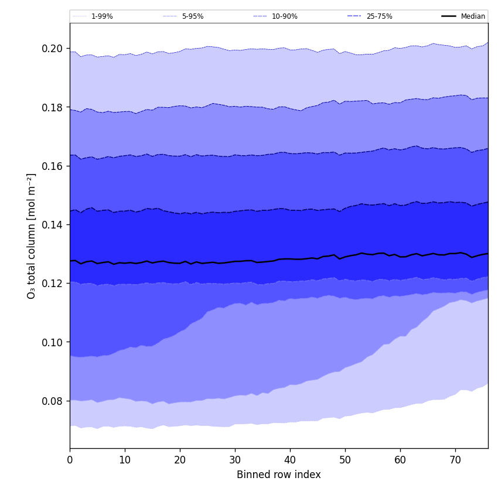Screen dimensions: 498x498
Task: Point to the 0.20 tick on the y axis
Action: (x=53, y=49)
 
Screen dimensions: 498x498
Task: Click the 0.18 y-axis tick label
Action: (x=53, y=107)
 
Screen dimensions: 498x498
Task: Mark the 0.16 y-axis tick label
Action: (x=53, y=166)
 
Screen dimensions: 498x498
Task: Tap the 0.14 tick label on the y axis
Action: (x=53, y=225)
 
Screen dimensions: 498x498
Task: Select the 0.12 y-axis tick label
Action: (x=53, y=284)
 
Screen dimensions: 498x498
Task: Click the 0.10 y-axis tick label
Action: (x=53, y=342)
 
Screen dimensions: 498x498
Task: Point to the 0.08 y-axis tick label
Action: (x=53, y=401)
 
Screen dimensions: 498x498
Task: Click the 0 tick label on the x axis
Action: (x=70, y=461)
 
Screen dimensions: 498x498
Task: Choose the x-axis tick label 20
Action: (x=180, y=461)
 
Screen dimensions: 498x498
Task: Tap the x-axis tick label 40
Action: (x=290, y=461)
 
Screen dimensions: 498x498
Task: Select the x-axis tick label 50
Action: (x=345, y=461)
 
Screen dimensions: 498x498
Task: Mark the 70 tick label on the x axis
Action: (x=455, y=461)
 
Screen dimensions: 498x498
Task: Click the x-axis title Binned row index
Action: (x=279, y=475)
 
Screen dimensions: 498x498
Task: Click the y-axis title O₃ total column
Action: (x=32, y=236)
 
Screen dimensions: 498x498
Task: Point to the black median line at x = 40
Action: (x=290, y=259)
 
